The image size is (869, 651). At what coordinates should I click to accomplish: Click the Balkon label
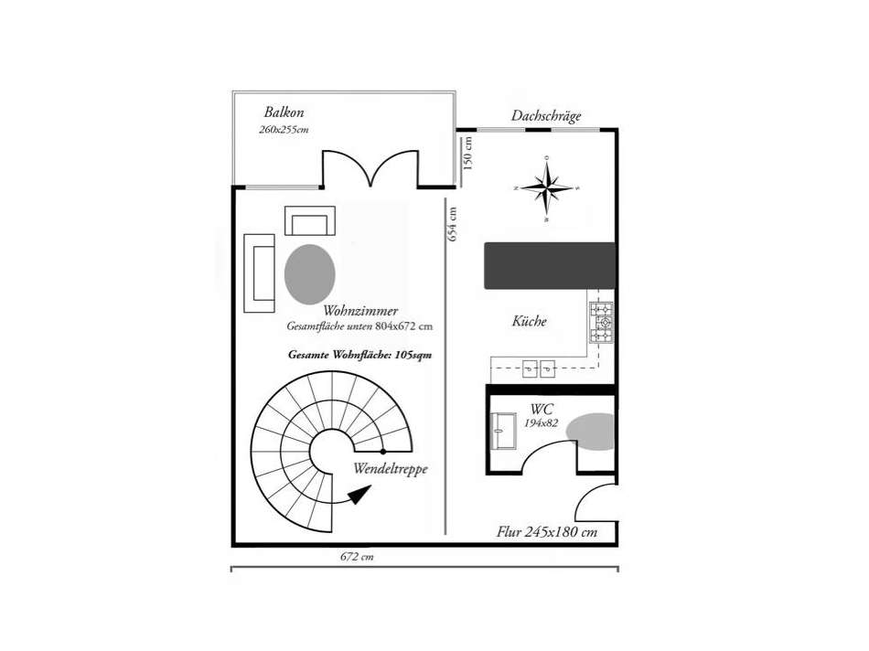[284, 112]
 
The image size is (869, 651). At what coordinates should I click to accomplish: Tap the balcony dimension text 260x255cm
[284, 130]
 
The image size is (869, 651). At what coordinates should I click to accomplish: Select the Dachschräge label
[546, 116]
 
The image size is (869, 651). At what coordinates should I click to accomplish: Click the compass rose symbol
[546, 189]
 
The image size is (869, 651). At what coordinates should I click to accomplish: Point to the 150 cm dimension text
[468, 154]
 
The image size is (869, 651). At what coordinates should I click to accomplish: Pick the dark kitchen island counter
[549, 265]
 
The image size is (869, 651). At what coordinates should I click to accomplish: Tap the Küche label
[529, 321]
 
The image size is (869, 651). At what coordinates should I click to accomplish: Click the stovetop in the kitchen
[601, 322]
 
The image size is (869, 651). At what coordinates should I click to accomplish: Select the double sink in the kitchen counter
[537, 368]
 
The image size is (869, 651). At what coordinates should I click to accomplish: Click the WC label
[542, 409]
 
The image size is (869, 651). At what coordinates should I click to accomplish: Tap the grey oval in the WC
[591, 431]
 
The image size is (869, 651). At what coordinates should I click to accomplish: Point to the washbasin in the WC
[503, 430]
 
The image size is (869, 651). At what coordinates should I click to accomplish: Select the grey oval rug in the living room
[309, 272]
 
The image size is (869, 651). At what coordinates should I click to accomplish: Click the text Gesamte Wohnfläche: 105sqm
[359, 354]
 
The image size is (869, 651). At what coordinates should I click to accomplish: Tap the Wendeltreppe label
[391, 468]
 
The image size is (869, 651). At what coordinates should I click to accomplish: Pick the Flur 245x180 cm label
[547, 531]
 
